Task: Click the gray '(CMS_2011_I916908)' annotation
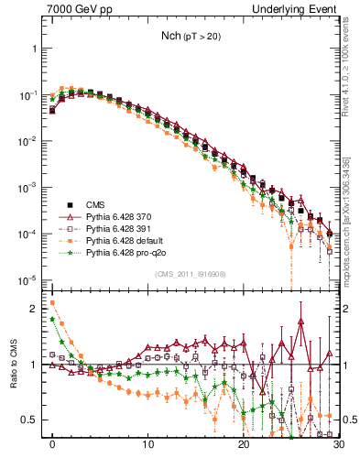191,274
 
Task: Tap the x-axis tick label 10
147,450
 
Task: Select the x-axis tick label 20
243,450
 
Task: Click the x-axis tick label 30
337,450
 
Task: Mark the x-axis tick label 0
52,450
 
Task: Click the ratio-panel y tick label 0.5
32,420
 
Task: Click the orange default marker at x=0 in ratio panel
52,302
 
